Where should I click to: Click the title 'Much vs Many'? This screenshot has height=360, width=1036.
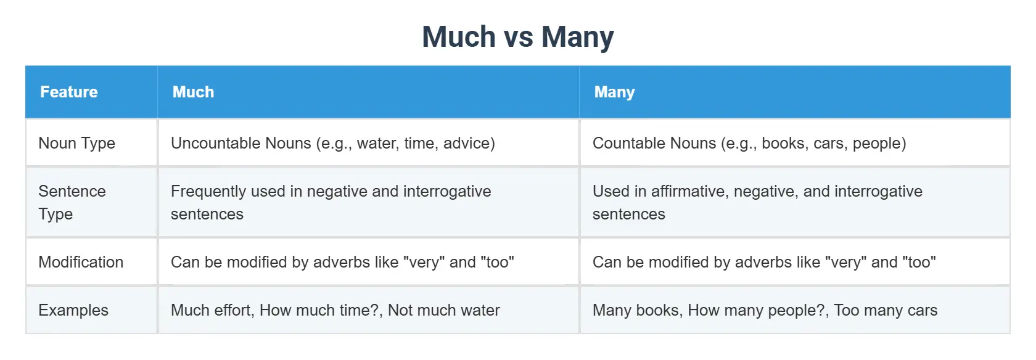click(517, 36)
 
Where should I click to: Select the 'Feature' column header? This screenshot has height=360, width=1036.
click(69, 92)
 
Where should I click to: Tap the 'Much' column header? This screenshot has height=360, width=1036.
click(193, 92)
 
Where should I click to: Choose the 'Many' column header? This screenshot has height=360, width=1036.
click(614, 92)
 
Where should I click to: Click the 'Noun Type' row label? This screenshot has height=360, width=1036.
click(76, 143)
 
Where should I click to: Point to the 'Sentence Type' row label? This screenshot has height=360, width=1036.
click(72, 202)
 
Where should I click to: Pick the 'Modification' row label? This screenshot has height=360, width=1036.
click(81, 262)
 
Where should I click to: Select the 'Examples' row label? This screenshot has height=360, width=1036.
click(73, 310)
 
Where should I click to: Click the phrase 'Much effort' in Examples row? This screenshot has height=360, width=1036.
click(212, 310)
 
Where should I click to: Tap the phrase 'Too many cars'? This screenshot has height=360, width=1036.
click(886, 310)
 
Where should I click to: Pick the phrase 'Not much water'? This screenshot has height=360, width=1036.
click(443, 310)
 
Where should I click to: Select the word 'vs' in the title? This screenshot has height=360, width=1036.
click(518, 37)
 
